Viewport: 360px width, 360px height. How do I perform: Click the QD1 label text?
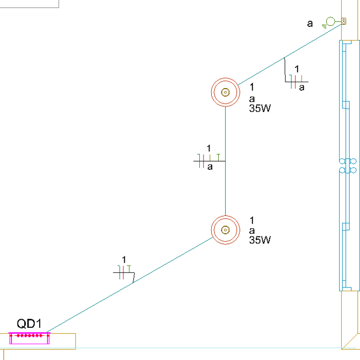(29, 323)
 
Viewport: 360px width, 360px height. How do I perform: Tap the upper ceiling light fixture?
(225, 92)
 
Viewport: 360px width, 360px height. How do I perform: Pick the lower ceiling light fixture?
(225, 230)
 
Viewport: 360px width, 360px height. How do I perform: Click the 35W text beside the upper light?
(260, 108)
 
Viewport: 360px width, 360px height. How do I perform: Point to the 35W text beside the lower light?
(260, 240)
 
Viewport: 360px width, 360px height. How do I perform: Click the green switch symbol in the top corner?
(330, 21)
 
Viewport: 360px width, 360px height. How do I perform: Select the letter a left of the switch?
(309, 23)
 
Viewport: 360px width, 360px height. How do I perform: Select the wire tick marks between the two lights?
(207, 160)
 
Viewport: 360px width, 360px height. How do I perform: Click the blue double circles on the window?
(347, 165)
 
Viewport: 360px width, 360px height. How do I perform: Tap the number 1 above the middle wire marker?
(209, 148)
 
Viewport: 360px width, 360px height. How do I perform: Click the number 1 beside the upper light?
(252, 87)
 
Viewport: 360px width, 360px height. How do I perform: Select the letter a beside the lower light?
(252, 230)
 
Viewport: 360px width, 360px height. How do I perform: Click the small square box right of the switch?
(343, 21)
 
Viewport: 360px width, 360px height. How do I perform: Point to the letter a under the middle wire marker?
(210, 167)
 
